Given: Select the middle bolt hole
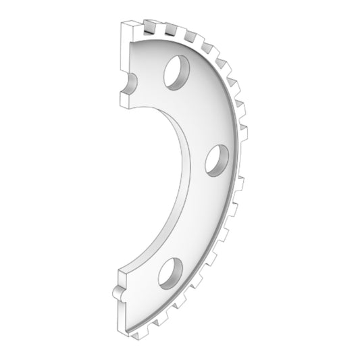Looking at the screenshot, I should coord(217,159).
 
